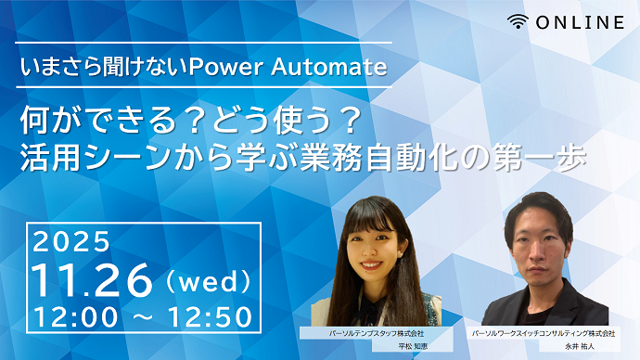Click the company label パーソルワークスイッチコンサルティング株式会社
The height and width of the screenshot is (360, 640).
click(543, 332)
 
